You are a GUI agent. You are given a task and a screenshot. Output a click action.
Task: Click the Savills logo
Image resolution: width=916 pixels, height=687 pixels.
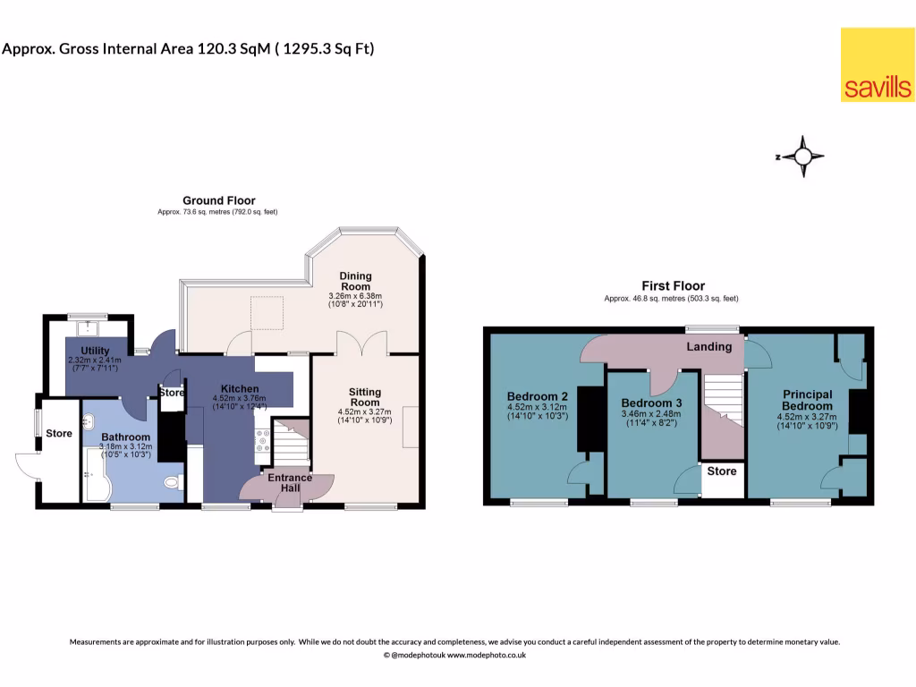(x=877, y=64)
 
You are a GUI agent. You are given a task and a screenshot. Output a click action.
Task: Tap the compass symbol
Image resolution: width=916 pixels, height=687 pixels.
(x=802, y=157)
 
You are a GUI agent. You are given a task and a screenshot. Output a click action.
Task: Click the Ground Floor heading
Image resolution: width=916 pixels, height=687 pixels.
(x=218, y=200)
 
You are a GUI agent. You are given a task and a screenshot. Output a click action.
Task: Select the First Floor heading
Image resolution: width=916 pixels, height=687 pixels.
(x=673, y=286)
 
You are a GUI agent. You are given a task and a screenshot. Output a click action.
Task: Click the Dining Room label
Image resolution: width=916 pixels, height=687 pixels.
(x=356, y=282)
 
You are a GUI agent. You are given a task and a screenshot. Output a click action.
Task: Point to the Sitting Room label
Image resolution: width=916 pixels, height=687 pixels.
(x=365, y=397)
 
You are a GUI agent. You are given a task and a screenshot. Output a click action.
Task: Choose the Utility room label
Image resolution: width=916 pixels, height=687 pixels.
(x=94, y=351)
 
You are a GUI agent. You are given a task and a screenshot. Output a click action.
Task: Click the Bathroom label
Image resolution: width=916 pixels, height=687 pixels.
(x=125, y=437)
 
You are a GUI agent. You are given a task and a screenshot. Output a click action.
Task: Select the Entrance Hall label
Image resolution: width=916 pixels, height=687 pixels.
(x=290, y=482)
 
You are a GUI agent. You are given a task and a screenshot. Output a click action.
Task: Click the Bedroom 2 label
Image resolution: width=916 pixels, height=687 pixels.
(x=538, y=396)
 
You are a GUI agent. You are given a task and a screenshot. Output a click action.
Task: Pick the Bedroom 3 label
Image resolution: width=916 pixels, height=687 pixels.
(x=651, y=403)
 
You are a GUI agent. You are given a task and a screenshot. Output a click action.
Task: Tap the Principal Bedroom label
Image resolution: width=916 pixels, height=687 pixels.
(x=807, y=400)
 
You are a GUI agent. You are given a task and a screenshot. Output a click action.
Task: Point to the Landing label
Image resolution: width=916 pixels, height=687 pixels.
(x=708, y=346)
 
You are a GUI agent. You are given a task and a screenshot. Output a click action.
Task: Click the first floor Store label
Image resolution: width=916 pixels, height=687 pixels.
(x=721, y=471)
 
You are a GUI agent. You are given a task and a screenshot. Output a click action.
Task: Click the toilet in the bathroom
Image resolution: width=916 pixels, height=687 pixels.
(x=174, y=482)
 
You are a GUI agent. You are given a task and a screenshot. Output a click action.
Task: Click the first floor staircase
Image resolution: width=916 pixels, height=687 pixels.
(x=723, y=403)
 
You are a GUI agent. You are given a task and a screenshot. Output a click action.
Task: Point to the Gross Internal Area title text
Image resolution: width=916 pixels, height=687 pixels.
(x=188, y=48)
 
